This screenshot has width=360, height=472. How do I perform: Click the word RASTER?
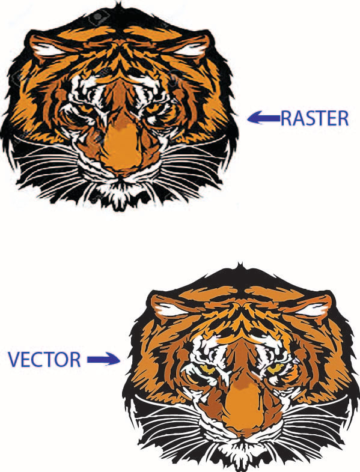(x=315, y=118)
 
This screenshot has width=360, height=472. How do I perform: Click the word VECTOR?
(x=44, y=360)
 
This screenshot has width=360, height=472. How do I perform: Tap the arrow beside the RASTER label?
(x=264, y=117)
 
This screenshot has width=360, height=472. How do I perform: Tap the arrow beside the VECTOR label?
(x=103, y=359)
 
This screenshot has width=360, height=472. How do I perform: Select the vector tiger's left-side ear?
(x=167, y=309)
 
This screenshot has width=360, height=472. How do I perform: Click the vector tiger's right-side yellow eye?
(x=276, y=369)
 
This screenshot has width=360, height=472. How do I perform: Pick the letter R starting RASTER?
(x=286, y=118)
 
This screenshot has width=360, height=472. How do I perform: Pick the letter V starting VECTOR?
(x=14, y=360)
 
